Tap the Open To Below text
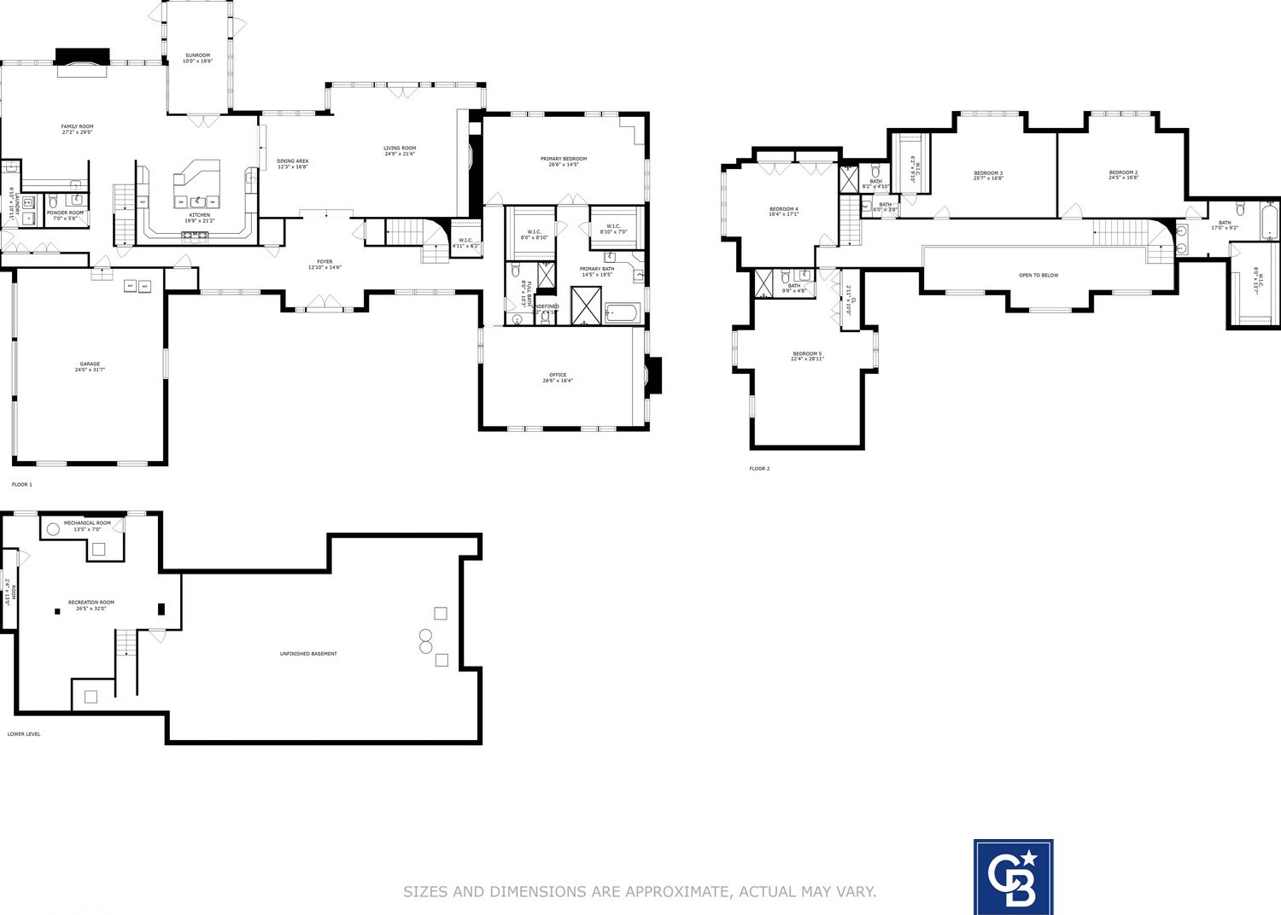[1038, 275]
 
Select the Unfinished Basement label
[308, 654]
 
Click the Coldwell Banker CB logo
[1013, 877]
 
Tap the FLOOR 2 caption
[759, 469]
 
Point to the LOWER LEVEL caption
[24, 734]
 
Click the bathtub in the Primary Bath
[623, 313]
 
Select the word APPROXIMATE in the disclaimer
[676, 892]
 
